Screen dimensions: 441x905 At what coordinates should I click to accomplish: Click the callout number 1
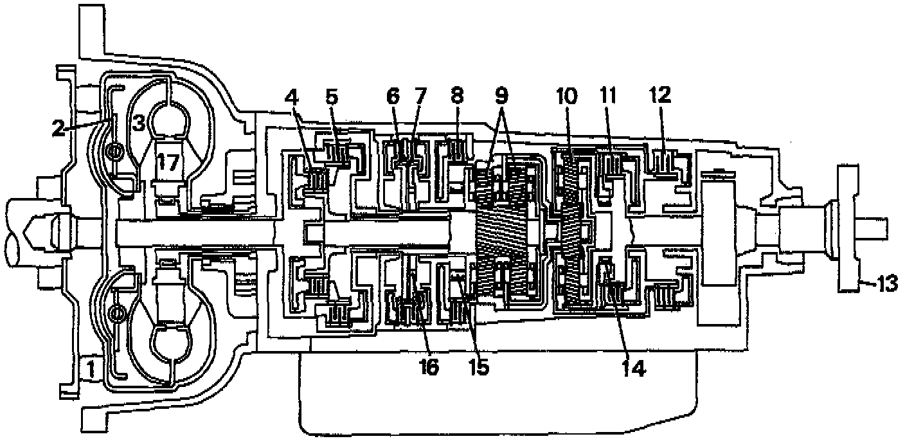click(x=91, y=369)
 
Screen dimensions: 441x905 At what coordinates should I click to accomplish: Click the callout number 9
click(x=501, y=96)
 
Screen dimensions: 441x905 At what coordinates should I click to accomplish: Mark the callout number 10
click(x=566, y=97)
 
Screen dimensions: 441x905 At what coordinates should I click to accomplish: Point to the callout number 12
click(x=661, y=96)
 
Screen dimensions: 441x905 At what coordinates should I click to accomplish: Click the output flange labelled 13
click(x=848, y=225)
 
